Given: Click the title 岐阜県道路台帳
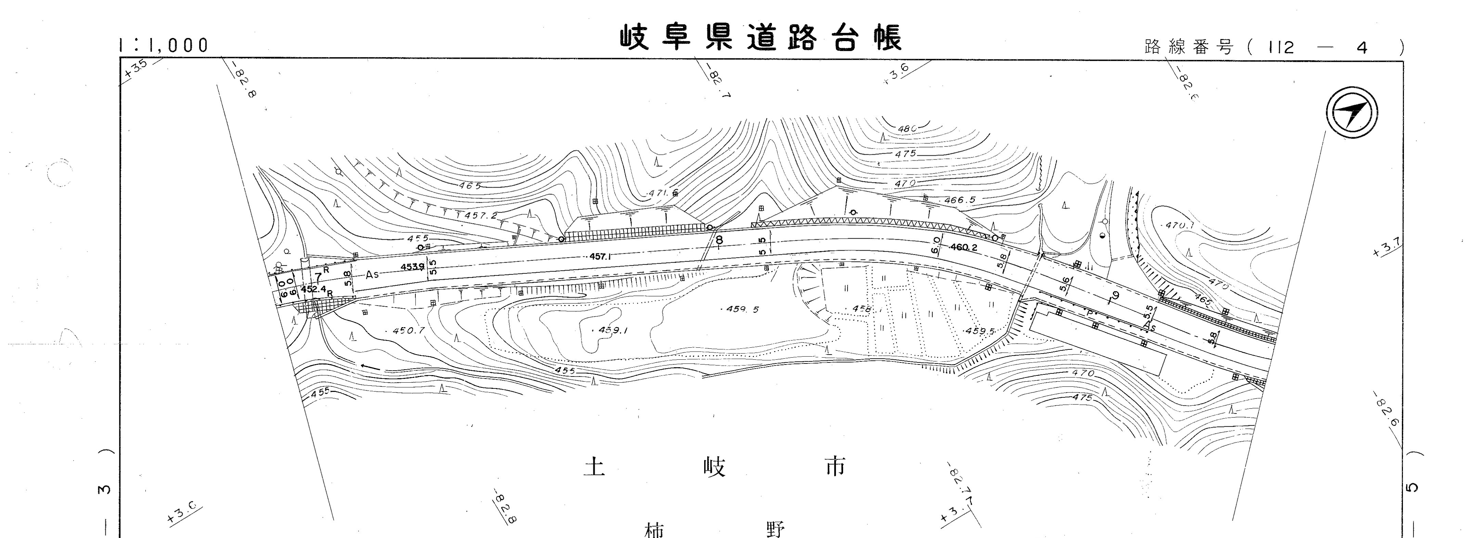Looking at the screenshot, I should point(761,38).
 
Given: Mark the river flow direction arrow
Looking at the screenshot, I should point(371,367).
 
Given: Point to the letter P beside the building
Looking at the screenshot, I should point(1089,313).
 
